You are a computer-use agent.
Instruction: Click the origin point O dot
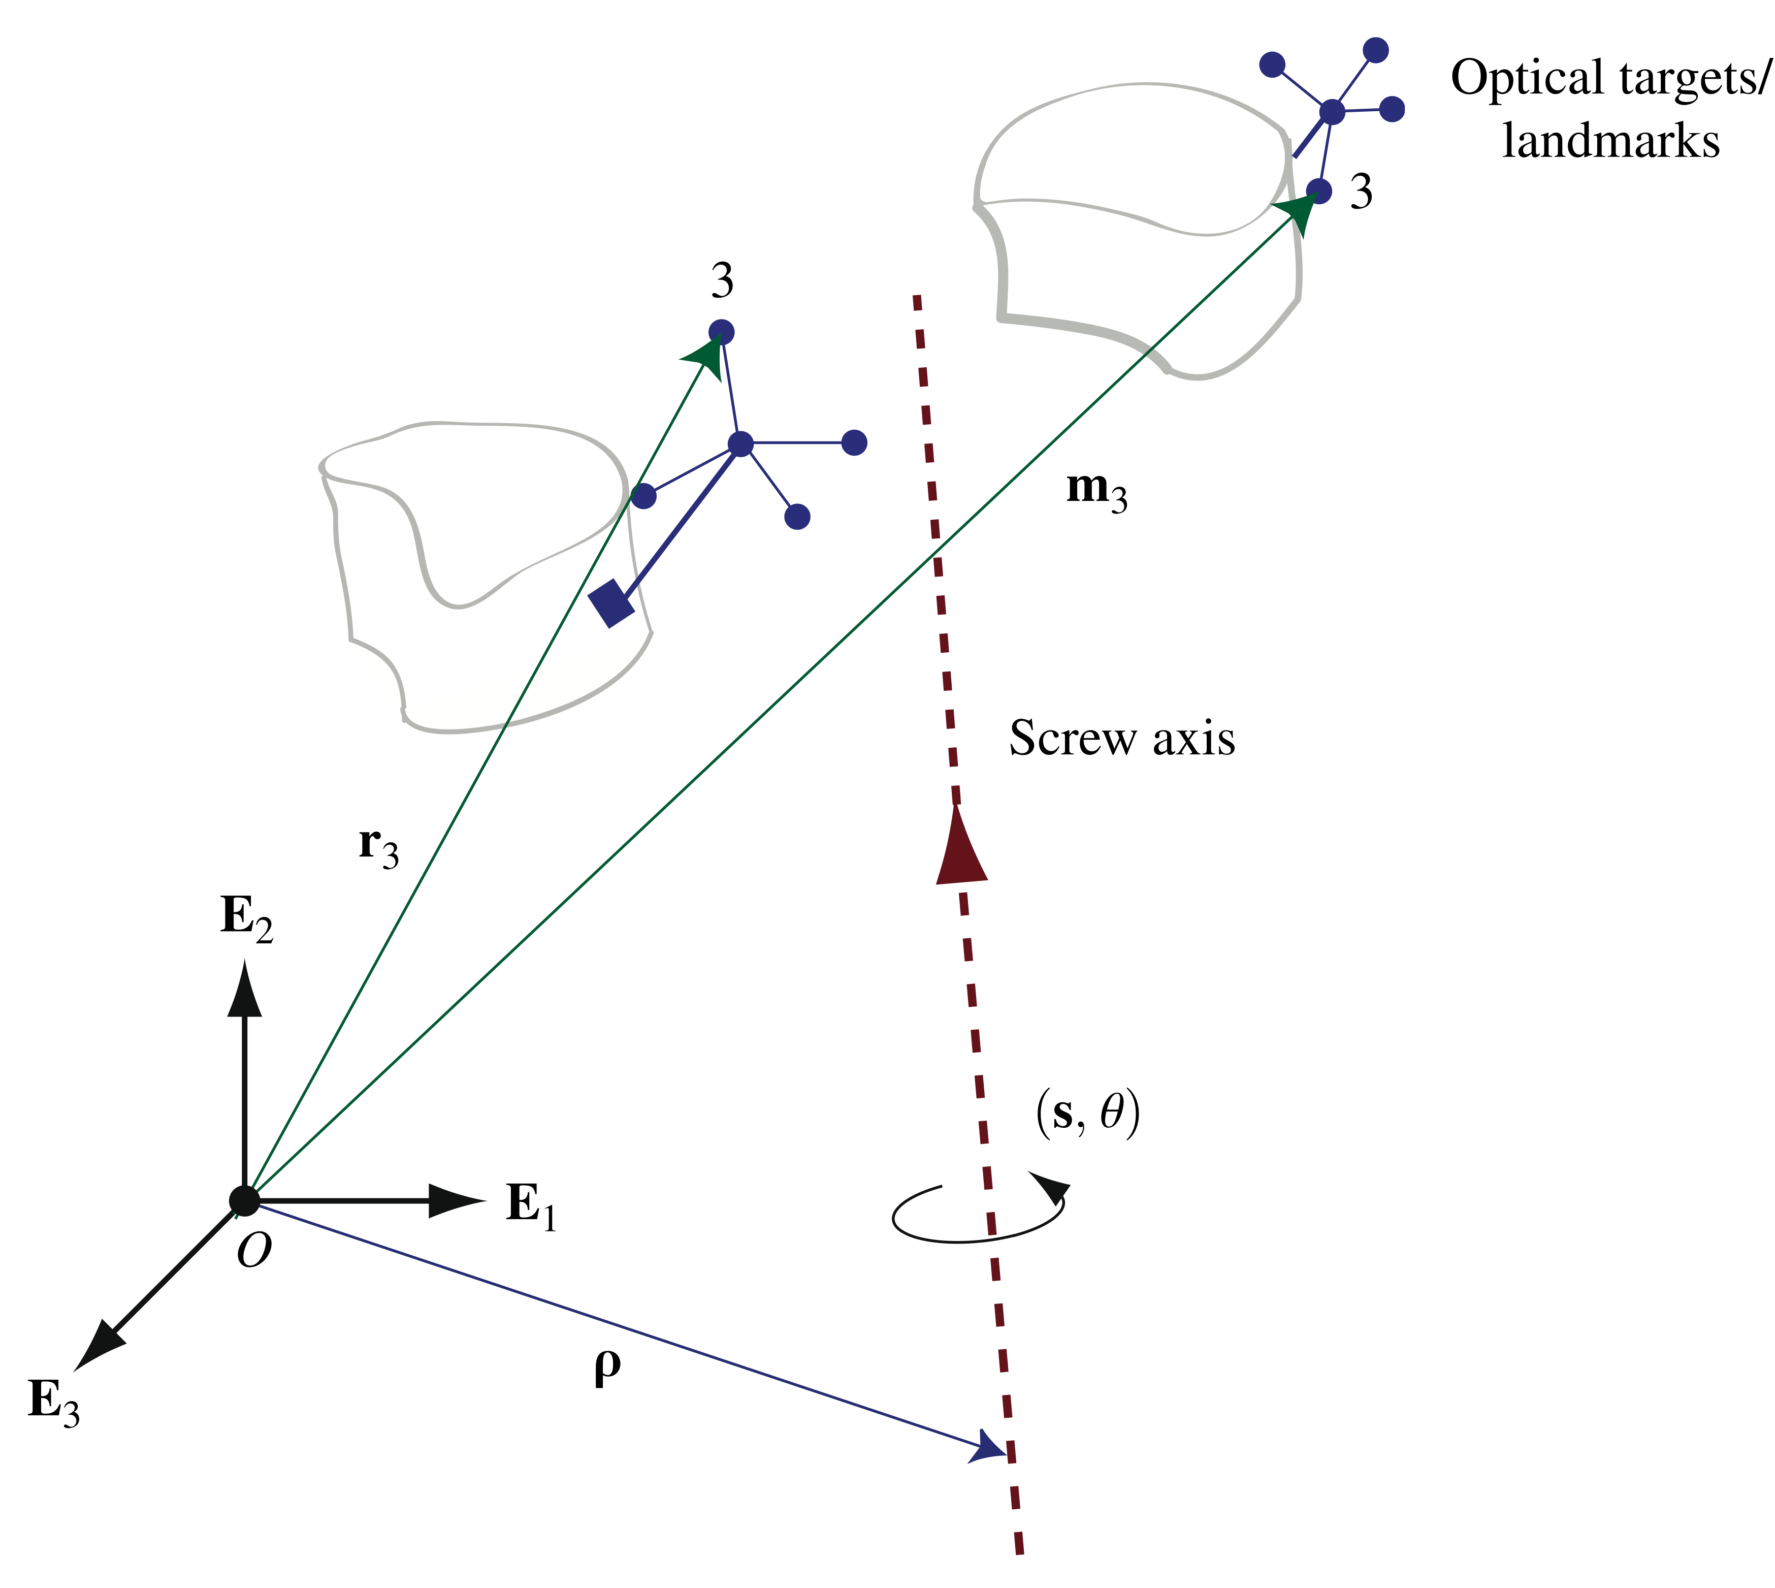245,1200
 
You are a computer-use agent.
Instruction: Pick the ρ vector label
607,1367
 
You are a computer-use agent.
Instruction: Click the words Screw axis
1122,738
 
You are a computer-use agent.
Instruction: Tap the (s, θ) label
1088,1114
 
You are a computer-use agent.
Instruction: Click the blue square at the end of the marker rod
611,602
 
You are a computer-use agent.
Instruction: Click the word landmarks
1610,141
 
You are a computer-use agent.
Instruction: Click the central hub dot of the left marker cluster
739,444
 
